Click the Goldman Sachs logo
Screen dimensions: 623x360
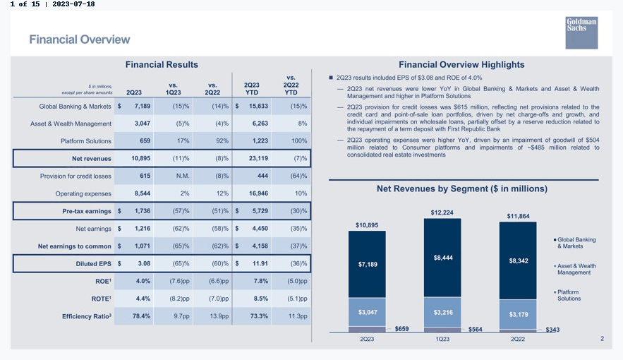coord(581,32)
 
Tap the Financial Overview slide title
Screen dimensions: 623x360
coord(80,40)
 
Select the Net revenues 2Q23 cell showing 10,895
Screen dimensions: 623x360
coord(140,158)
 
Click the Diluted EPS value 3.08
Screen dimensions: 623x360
coord(144,263)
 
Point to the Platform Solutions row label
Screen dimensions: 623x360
coord(86,141)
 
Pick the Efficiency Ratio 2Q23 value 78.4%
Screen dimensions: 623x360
coord(141,316)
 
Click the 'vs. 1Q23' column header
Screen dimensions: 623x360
coord(174,89)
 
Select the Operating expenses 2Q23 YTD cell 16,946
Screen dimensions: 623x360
coord(258,193)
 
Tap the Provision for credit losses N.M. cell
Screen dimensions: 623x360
coord(183,176)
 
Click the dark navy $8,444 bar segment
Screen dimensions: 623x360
coord(442,258)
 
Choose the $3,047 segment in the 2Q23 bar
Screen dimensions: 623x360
coord(367,312)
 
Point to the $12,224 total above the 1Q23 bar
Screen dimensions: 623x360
coord(442,212)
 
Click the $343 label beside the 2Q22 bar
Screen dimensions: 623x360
coord(552,330)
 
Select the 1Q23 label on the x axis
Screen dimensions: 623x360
coord(442,340)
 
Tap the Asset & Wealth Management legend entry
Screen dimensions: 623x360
coord(575,269)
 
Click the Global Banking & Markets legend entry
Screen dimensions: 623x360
coord(574,243)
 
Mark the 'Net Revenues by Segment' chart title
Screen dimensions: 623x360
coord(462,188)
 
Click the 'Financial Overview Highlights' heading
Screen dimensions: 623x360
coord(461,65)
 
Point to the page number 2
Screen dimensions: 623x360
coord(602,339)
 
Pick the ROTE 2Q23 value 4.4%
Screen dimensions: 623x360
coord(143,299)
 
